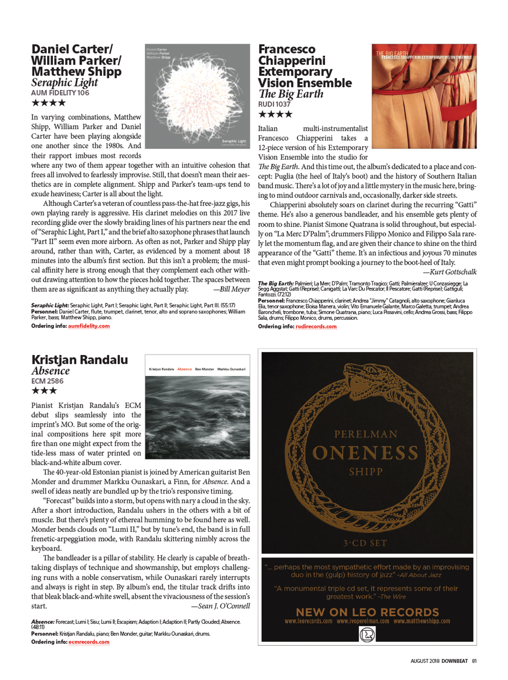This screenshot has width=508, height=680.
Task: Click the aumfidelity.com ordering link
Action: pyautogui.click(x=89, y=326)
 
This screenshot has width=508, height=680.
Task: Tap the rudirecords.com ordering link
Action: pyautogui.click(x=316, y=326)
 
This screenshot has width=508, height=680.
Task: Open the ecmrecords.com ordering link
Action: pyautogui.click(x=89, y=642)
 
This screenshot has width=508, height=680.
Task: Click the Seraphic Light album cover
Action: pyautogui.click(x=197, y=96)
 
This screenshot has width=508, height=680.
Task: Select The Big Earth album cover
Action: pyautogui.click(x=424, y=96)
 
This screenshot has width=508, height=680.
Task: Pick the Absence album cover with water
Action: pyautogui.click(x=197, y=407)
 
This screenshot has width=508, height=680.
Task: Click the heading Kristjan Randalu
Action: pyautogui.click(x=80, y=360)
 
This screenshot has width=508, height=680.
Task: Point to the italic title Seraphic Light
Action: pyautogui.click(x=65, y=83)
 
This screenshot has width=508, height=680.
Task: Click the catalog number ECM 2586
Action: pyautogui.click(x=47, y=381)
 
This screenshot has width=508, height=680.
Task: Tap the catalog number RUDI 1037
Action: pyautogui.click(x=274, y=104)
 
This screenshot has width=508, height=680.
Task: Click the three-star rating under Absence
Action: pyautogui.click(x=44, y=391)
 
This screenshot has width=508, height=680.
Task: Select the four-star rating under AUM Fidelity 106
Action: pyautogui.click(x=48, y=103)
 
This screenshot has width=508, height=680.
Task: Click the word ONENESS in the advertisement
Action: pyautogui.click(x=365, y=453)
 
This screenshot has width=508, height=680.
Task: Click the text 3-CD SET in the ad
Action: pyautogui.click(x=365, y=543)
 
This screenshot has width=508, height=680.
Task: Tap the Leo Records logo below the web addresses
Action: pyautogui.click(x=367, y=634)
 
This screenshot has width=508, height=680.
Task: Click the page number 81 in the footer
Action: pyautogui.click(x=474, y=661)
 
